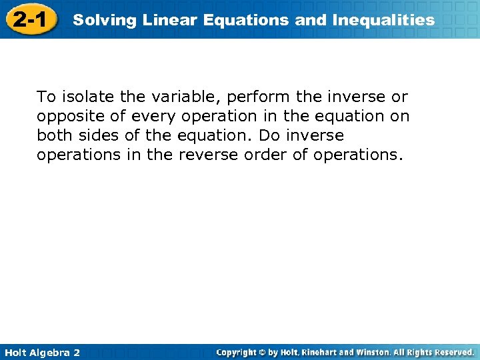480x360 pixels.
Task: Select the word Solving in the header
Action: (x=97, y=20)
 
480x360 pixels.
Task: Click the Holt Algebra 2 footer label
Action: (x=41, y=352)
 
